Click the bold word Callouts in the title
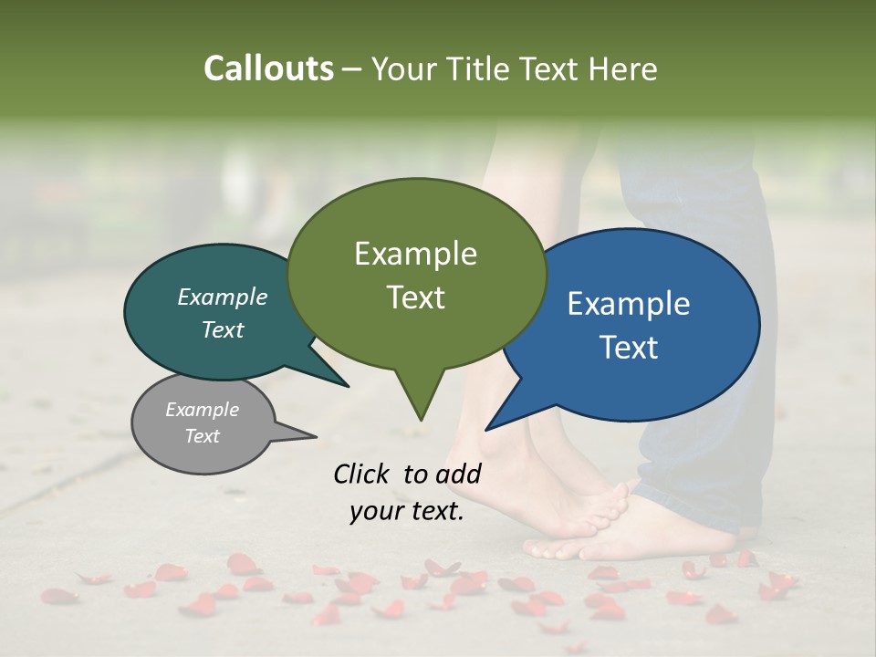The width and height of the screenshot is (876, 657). point(268,68)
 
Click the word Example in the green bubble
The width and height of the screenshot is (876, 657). point(415,254)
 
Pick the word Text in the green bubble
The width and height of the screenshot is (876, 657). point(415,297)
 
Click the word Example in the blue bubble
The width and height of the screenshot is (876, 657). point(629,304)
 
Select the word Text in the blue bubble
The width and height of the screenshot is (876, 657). point(629,348)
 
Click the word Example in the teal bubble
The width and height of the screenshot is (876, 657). point(223,297)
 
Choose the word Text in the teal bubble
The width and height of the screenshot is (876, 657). point(223,330)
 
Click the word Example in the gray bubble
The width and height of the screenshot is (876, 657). point(202,410)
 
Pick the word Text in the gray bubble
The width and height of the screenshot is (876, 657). point(202,436)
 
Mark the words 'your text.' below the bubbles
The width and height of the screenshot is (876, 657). point(406,512)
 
